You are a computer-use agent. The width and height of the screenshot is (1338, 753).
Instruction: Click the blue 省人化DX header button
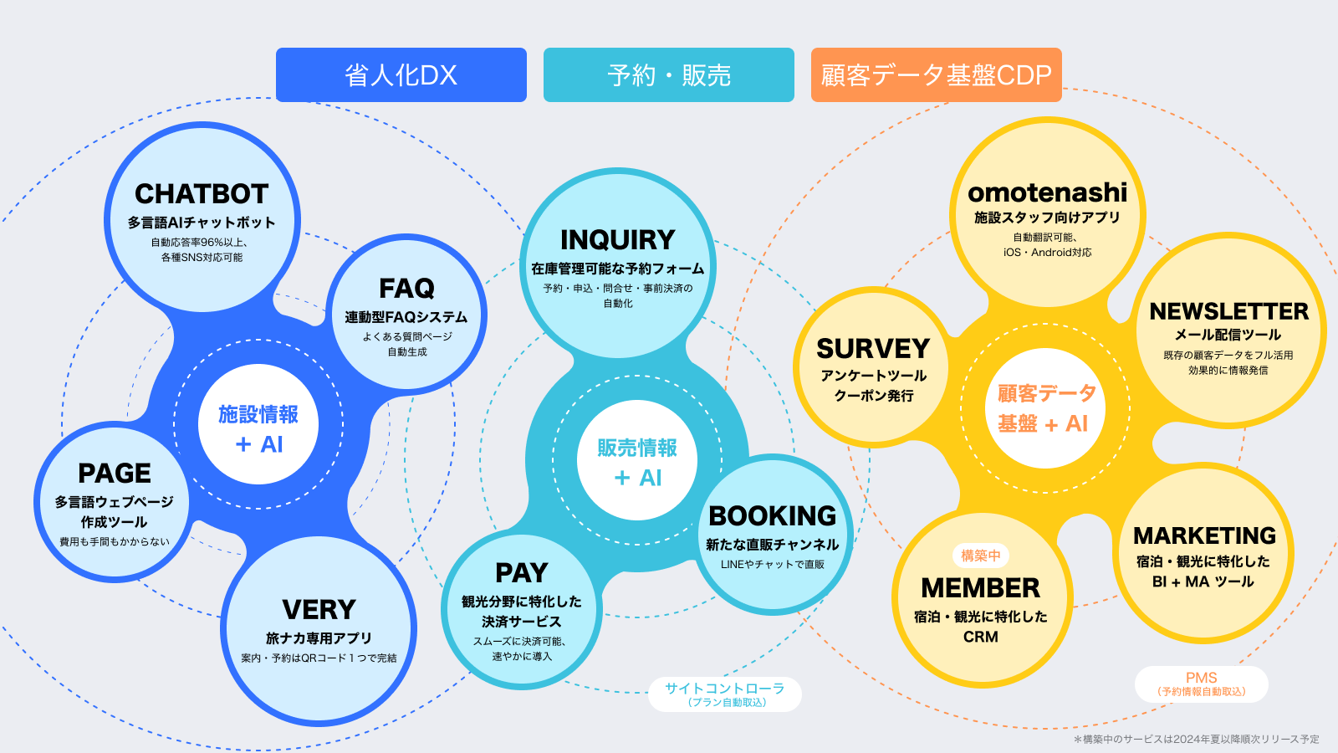coord(401,75)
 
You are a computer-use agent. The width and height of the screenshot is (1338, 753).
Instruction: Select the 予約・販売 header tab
coord(669,75)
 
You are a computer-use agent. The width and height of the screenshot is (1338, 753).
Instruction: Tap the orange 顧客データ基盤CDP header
coord(936,75)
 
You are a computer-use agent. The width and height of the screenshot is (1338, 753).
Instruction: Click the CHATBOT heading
coord(202,194)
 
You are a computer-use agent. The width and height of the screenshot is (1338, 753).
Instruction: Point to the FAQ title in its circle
coord(406,289)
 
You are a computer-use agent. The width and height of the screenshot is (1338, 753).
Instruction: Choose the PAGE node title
coord(115,474)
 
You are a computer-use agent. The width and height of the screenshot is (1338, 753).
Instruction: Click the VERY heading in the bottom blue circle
coord(319,610)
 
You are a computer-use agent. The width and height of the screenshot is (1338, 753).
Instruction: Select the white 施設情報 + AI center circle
coord(258,425)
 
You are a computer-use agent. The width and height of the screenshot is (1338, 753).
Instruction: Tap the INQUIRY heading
coord(617,240)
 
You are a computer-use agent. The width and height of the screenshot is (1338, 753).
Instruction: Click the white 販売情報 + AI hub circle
coord(636,460)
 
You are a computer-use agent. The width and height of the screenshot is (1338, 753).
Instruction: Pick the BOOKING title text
coord(772,516)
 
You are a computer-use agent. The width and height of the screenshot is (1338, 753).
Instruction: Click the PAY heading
coord(521,573)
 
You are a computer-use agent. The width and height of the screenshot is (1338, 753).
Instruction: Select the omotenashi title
coord(1047,192)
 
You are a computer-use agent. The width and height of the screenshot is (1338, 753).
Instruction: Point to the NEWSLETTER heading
coord(1228,311)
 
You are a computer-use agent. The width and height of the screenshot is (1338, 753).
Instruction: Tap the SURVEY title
coord(872,348)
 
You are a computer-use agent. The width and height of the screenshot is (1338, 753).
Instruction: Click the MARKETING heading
coord(1204,535)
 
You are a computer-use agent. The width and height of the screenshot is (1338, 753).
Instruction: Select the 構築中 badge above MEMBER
coord(980,556)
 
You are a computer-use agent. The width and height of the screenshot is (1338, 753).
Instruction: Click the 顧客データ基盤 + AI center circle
coord(1044,408)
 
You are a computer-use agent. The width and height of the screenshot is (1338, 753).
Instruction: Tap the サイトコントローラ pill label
coord(724,694)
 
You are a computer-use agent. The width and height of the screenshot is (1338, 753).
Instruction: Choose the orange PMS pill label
coord(1201,684)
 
